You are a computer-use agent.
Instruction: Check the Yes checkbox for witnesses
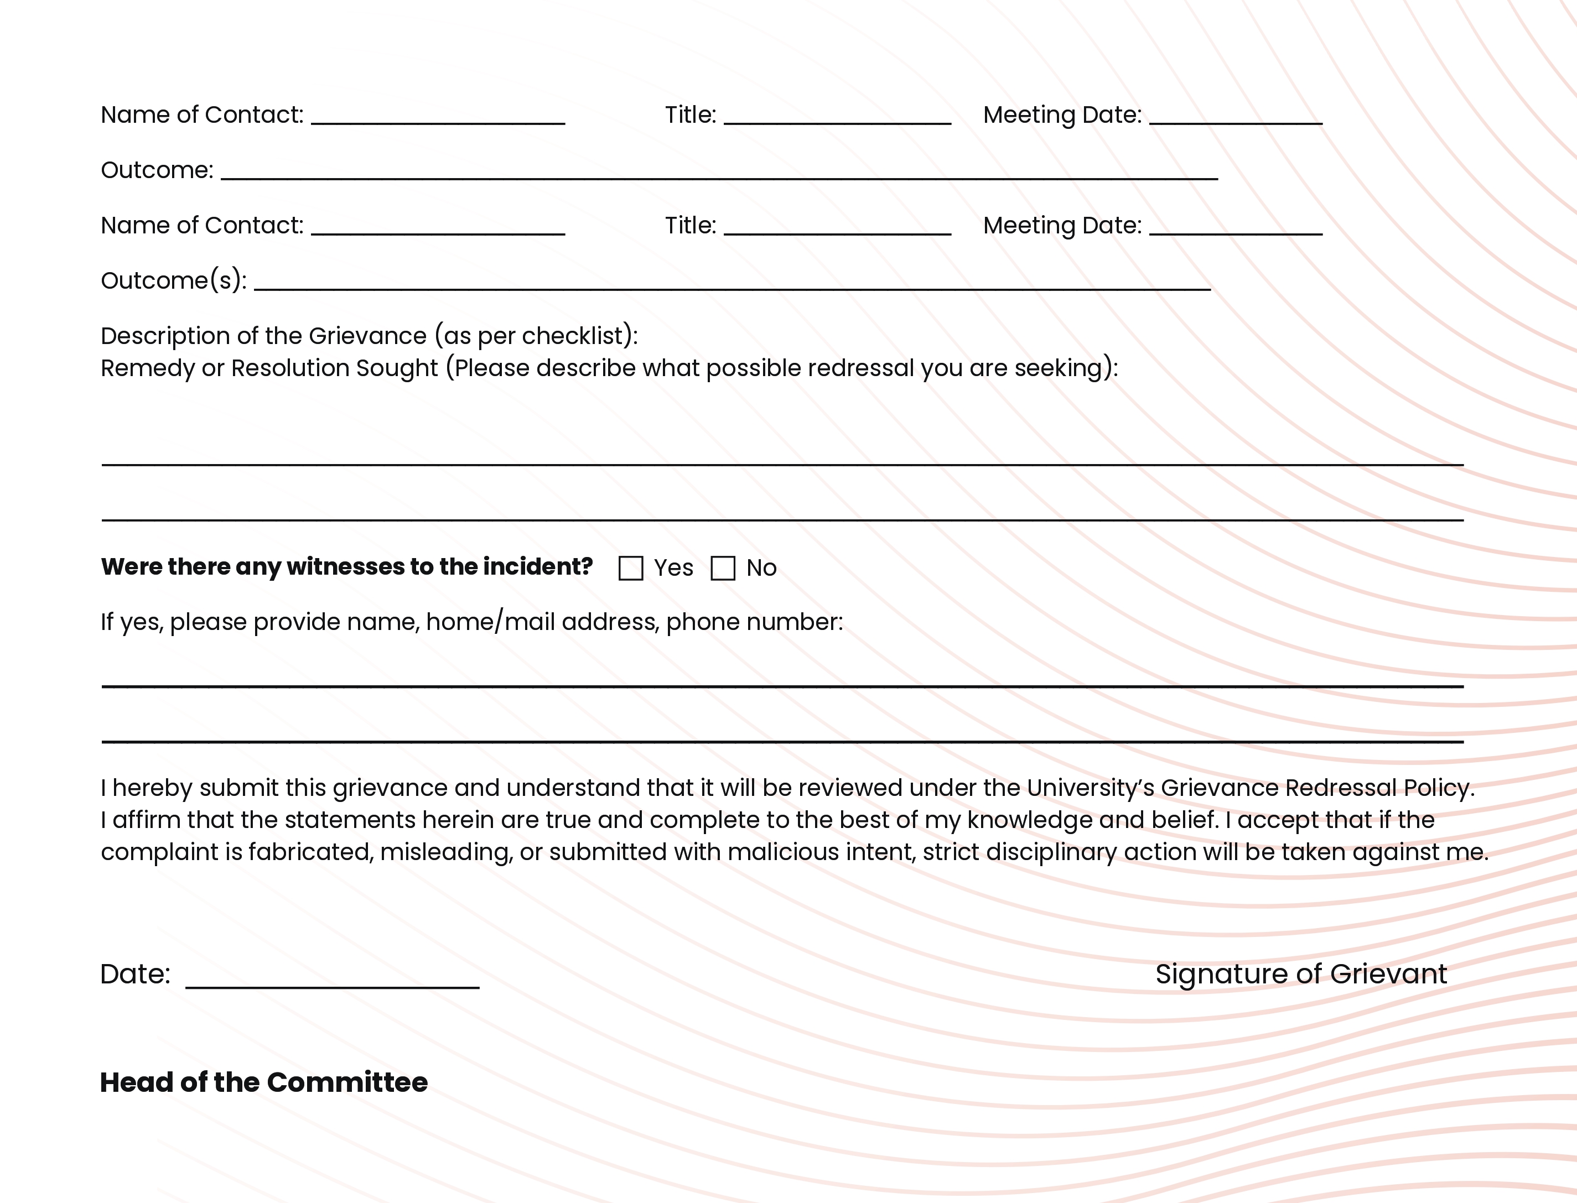(x=630, y=569)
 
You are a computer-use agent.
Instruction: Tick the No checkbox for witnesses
(x=723, y=569)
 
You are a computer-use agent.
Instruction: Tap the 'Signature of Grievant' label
(x=1300, y=974)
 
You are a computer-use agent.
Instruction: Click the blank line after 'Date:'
(x=333, y=981)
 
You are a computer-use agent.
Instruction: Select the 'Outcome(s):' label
(x=173, y=281)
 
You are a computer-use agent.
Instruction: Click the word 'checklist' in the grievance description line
(x=577, y=336)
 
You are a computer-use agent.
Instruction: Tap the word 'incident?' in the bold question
(x=537, y=566)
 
